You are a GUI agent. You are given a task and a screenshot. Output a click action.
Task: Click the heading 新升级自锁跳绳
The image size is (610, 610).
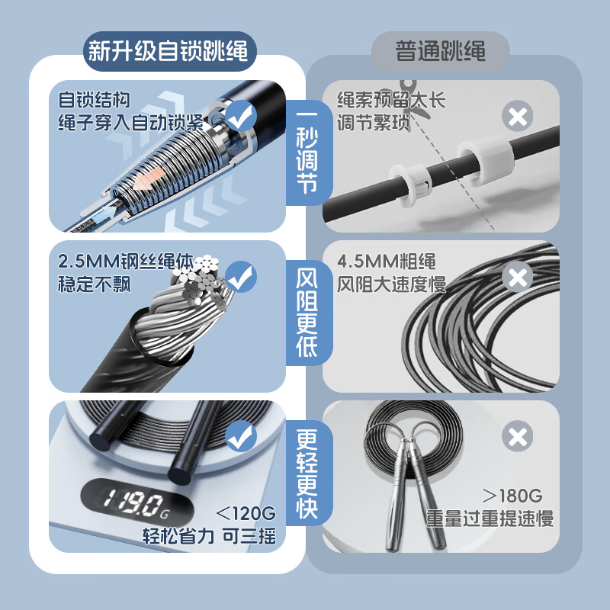(x=169, y=51)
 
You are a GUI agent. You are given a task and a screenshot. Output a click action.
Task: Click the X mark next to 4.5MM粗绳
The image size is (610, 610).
(x=518, y=277)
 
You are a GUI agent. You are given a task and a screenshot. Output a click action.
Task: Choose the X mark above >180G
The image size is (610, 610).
(x=518, y=437)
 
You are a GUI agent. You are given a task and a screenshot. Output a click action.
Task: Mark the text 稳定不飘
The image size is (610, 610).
(x=95, y=285)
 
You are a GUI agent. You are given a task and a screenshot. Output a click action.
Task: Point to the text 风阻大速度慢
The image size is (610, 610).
(x=391, y=285)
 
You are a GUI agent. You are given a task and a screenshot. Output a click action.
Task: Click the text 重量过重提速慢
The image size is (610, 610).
(x=490, y=519)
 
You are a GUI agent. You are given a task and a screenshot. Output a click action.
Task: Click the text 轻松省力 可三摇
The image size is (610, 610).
(x=209, y=535)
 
